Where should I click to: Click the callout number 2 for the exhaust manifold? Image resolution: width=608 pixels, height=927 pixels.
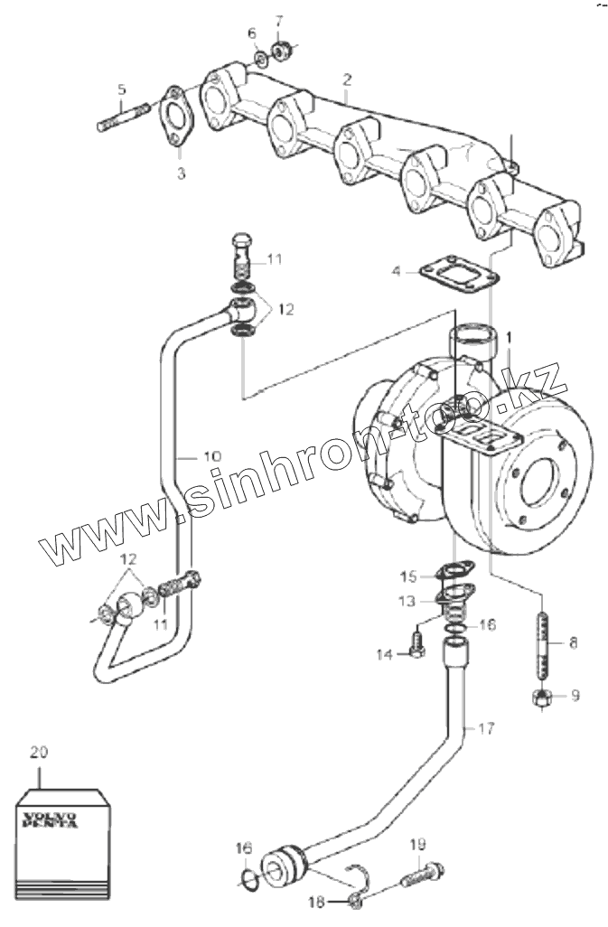click(x=346, y=80)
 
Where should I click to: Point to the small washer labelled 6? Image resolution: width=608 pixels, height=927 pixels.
click(x=259, y=59)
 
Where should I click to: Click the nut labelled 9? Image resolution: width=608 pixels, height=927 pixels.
click(x=542, y=697)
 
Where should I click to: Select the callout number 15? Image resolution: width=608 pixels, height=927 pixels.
click(x=408, y=576)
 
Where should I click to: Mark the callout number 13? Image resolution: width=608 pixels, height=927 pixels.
click(x=408, y=600)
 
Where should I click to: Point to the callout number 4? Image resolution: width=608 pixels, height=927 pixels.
click(x=396, y=270)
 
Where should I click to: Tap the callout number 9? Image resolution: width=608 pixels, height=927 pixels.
click(x=575, y=696)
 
